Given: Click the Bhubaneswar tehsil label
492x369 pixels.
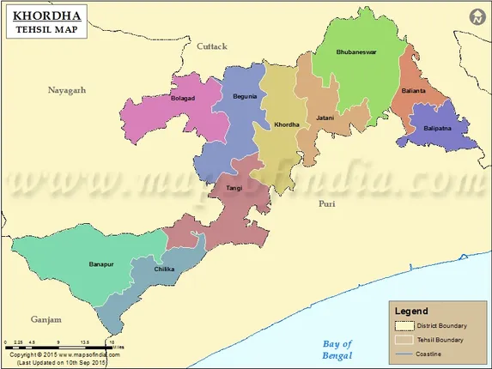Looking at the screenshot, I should click(355, 52).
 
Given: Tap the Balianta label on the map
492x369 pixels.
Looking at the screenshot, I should click(413, 90).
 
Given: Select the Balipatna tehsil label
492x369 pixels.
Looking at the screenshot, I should click(437, 129).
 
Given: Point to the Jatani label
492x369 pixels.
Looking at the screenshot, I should click(325, 117).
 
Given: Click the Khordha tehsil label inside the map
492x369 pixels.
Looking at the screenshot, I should click(286, 125).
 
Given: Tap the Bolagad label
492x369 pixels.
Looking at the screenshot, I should click(183, 99).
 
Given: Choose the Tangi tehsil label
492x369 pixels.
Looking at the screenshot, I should click(234, 187).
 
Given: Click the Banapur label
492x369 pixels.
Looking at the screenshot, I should click(101, 263).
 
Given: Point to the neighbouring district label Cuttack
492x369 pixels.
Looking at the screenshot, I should click(211, 45).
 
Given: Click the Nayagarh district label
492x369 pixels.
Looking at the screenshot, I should click(67, 90).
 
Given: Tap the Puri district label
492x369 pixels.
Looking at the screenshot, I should click(326, 204).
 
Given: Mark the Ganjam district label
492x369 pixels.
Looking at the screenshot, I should click(46, 319).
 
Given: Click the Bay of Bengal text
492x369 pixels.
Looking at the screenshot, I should click(332, 348).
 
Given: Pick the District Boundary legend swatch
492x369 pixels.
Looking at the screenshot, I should click(404, 326).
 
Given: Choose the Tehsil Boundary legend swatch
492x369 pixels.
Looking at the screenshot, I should click(404, 340).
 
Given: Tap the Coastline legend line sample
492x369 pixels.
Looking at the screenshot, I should click(404, 354).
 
